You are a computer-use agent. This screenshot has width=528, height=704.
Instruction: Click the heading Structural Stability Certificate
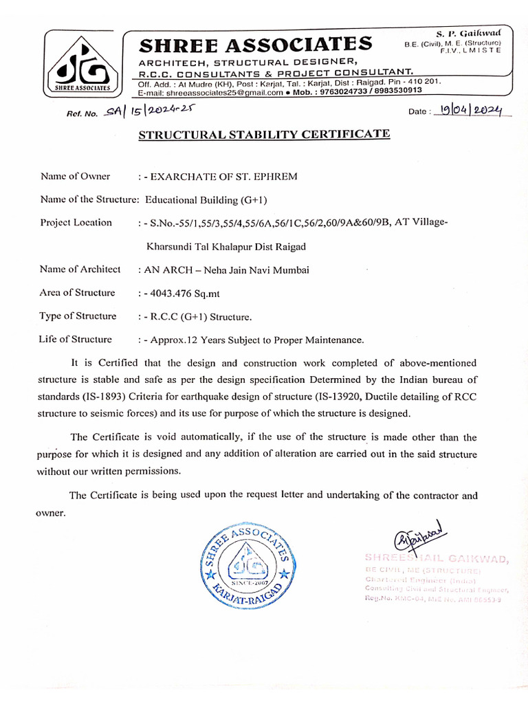point(264,134)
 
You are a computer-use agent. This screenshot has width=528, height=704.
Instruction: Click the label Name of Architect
point(80,269)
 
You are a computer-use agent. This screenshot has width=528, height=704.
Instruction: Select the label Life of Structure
point(76,340)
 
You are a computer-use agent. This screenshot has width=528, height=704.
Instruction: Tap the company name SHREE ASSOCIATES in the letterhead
point(256,45)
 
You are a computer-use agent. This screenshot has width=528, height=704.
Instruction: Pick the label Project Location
point(76,223)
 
